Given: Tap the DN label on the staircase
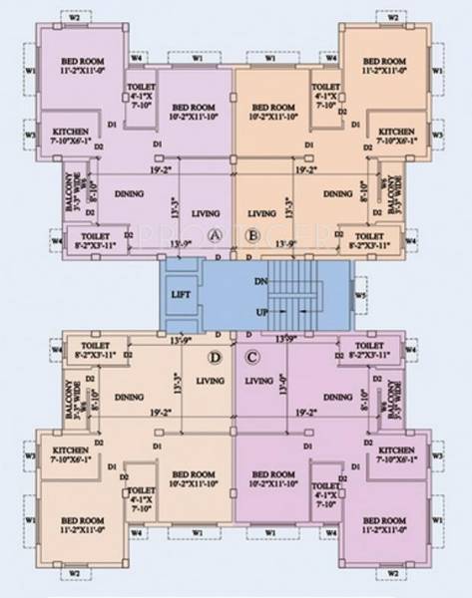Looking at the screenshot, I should pyautogui.click(x=262, y=282).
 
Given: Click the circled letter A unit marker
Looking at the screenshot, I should pyautogui.click(x=216, y=234).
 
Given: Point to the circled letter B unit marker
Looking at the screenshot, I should pyautogui.click(x=252, y=234).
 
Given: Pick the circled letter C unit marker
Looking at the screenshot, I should pyautogui.click(x=252, y=356).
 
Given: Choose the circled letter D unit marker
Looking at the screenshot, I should pyautogui.click(x=216, y=356).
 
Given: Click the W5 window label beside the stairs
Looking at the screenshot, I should pyautogui.click(x=361, y=295).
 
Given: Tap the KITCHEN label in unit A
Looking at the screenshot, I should pyautogui.click(x=71, y=137).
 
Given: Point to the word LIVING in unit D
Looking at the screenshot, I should pyautogui.click(x=211, y=380).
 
